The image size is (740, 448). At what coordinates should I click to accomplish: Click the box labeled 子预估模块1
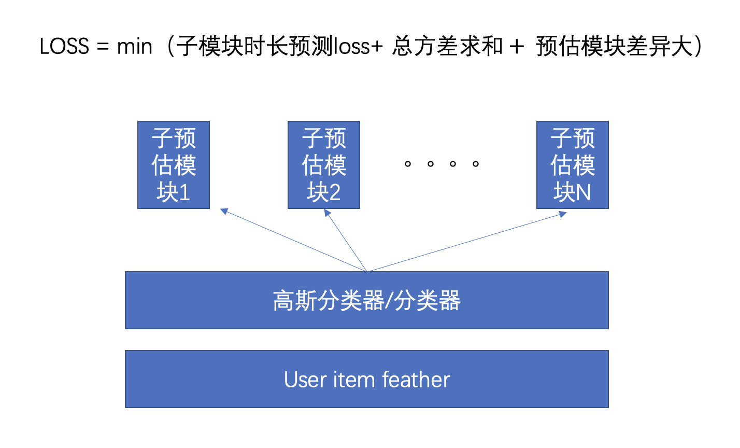point(174,165)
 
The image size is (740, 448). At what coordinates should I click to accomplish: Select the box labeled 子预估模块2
point(324,165)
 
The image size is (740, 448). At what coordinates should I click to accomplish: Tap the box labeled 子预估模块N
point(572,165)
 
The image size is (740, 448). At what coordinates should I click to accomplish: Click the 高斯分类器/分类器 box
point(366,300)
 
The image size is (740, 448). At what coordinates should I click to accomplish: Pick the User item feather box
point(366,379)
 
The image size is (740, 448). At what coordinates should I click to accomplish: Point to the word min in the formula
point(135,47)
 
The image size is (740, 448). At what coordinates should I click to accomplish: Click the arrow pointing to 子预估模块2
point(346,241)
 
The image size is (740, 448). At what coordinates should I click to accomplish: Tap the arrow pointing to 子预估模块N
point(466,242)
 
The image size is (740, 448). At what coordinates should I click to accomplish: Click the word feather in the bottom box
point(416,380)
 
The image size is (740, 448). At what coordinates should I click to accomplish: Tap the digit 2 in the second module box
point(334,193)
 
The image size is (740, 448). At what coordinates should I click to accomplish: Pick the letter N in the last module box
point(583,193)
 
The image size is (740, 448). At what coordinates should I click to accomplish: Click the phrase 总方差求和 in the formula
point(447,47)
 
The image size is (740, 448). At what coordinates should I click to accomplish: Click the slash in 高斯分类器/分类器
point(389,301)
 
